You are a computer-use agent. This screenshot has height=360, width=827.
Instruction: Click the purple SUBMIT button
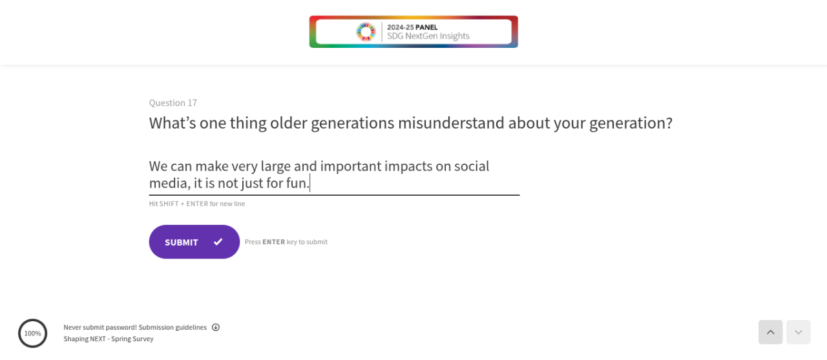point(194,242)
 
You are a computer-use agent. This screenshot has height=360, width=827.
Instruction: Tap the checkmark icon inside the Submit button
point(218,242)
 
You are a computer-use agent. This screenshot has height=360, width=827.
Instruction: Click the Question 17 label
point(173,103)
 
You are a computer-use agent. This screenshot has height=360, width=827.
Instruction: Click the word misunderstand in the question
point(451,123)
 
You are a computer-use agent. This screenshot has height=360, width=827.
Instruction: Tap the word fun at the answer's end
point(298,183)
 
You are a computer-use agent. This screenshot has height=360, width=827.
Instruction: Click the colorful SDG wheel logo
point(366,32)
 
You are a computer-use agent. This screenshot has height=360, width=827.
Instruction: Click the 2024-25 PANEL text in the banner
point(412,27)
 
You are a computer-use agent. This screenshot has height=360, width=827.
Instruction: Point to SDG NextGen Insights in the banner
point(428,36)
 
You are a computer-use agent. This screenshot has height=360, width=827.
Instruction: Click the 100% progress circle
point(33,334)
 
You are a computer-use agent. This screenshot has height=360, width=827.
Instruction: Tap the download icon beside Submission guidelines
point(216,327)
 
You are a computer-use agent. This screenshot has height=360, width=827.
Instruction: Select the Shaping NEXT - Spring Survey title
point(108,339)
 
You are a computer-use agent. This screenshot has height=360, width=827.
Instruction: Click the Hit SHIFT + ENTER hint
point(197,204)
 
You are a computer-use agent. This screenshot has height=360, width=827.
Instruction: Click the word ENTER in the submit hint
point(273,242)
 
